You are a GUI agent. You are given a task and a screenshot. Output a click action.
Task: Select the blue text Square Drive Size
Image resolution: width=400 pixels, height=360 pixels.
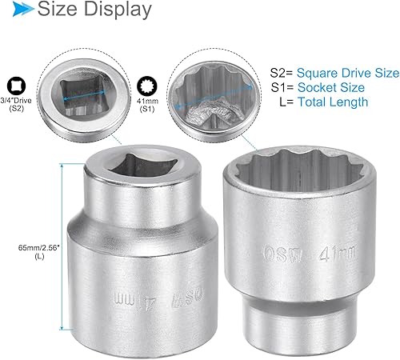point(350,73)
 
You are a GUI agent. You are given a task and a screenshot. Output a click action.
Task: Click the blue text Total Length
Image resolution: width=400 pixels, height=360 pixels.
point(333,102)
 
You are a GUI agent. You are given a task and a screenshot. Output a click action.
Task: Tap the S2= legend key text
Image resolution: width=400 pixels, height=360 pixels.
point(283,73)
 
